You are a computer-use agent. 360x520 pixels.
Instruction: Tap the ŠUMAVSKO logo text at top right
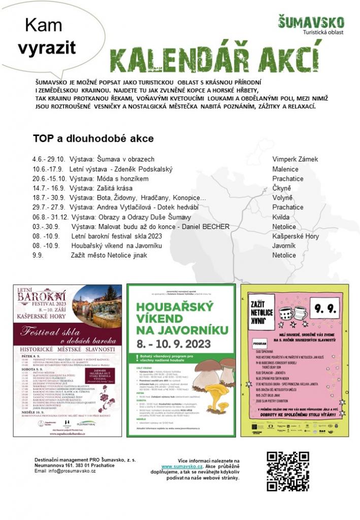point(311,22)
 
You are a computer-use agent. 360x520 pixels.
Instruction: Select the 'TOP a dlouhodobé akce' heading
point(93,138)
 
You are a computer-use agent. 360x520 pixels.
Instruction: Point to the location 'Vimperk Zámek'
point(294,159)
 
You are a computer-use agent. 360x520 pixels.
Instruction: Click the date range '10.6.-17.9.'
point(47,169)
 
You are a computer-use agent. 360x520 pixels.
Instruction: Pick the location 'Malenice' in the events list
point(285,169)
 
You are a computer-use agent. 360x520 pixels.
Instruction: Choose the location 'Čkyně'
point(281,188)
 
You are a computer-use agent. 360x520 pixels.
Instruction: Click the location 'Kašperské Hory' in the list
point(295,236)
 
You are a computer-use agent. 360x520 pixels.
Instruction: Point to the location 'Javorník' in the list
point(284,245)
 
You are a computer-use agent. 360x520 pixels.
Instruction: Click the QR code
point(287,471)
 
